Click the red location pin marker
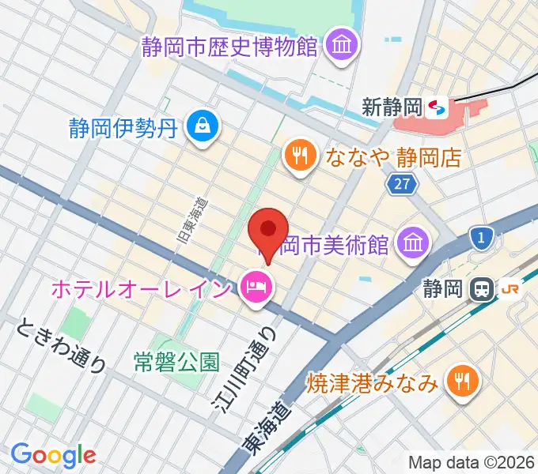pos(267,231)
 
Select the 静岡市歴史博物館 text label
pos(229,47)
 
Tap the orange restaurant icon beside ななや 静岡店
pos(300,154)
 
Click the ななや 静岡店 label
pos(392,156)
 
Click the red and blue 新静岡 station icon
pos(435,105)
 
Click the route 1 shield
pos(480,236)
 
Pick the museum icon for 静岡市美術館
pos(413,241)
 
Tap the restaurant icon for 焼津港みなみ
pos(460,385)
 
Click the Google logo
pos(53,455)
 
